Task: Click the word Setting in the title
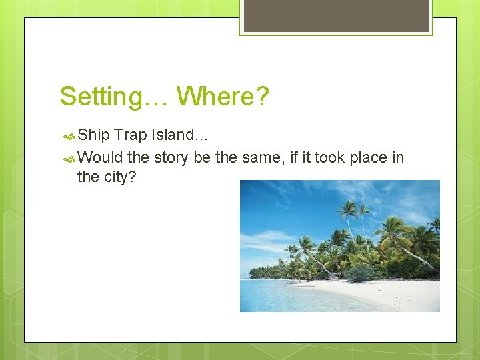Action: coord(99,97)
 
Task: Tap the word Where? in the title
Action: coord(223,97)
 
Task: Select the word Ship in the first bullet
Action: coord(93,135)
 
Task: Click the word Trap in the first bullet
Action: coord(130,135)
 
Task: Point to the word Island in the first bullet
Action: coord(175,135)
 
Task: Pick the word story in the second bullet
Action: coord(171,157)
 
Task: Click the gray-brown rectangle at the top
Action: coord(336,15)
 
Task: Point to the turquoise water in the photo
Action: coord(280,297)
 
